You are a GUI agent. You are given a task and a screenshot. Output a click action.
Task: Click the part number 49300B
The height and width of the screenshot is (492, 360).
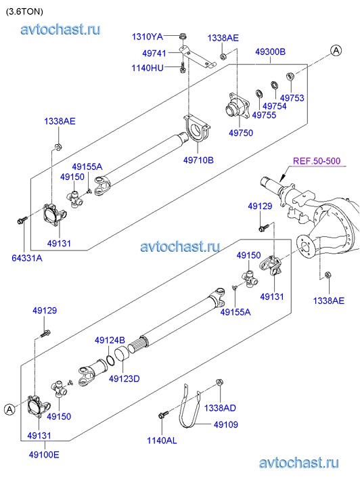(x=270, y=51)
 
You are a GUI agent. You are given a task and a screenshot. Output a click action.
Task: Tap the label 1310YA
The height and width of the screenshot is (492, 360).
(x=148, y=37)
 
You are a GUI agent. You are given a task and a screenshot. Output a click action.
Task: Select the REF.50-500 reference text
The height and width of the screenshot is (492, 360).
(x=317, y=161)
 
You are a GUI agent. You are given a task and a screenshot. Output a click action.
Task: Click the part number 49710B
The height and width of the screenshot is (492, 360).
(x=198, y=160)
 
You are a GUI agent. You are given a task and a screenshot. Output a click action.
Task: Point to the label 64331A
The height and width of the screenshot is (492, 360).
(x=27, y=258)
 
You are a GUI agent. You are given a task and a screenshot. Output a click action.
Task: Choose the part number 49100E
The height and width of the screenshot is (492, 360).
(x=44, y=454)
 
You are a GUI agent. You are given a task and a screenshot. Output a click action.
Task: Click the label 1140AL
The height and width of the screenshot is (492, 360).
(x=162, y=441)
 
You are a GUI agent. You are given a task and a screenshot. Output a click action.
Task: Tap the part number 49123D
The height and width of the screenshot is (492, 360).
(x=125, y=379)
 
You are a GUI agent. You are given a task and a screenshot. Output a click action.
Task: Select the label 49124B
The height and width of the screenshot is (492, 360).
(x=110, y=340)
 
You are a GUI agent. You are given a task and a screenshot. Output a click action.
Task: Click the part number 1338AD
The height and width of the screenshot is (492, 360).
(x=220, y=408)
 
